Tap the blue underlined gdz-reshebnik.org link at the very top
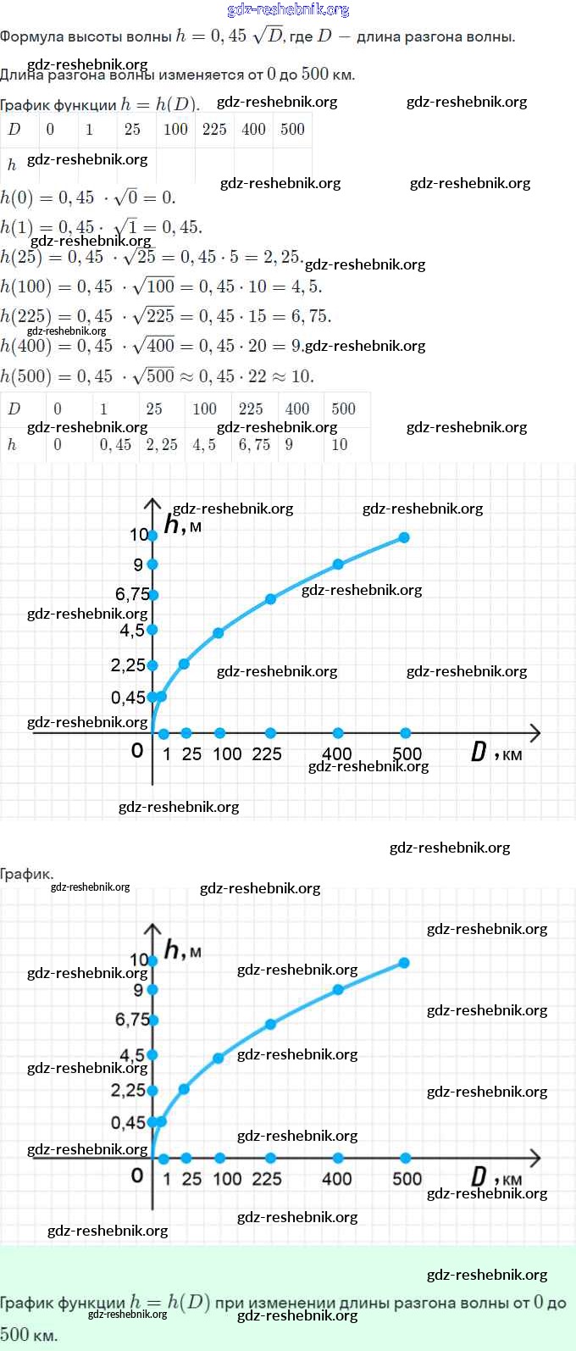tap(288, 9)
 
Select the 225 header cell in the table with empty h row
tap(214, 129)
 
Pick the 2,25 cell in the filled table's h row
tap(162, 444)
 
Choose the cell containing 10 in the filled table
tap(340, 444)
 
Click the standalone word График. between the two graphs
tap(26, 873)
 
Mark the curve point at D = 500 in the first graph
tap(404, 537)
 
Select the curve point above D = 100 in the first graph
tap(219, 633)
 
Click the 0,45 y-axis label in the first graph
tap(128, 698)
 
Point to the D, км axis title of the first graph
tap(496, 753)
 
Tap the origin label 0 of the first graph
tap(137, 750)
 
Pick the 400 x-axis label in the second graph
tap(337, 1178)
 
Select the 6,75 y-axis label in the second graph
tap(131, 1020)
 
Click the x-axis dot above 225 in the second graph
tap(270, 1158)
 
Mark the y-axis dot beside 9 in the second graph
tap(152, 989)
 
